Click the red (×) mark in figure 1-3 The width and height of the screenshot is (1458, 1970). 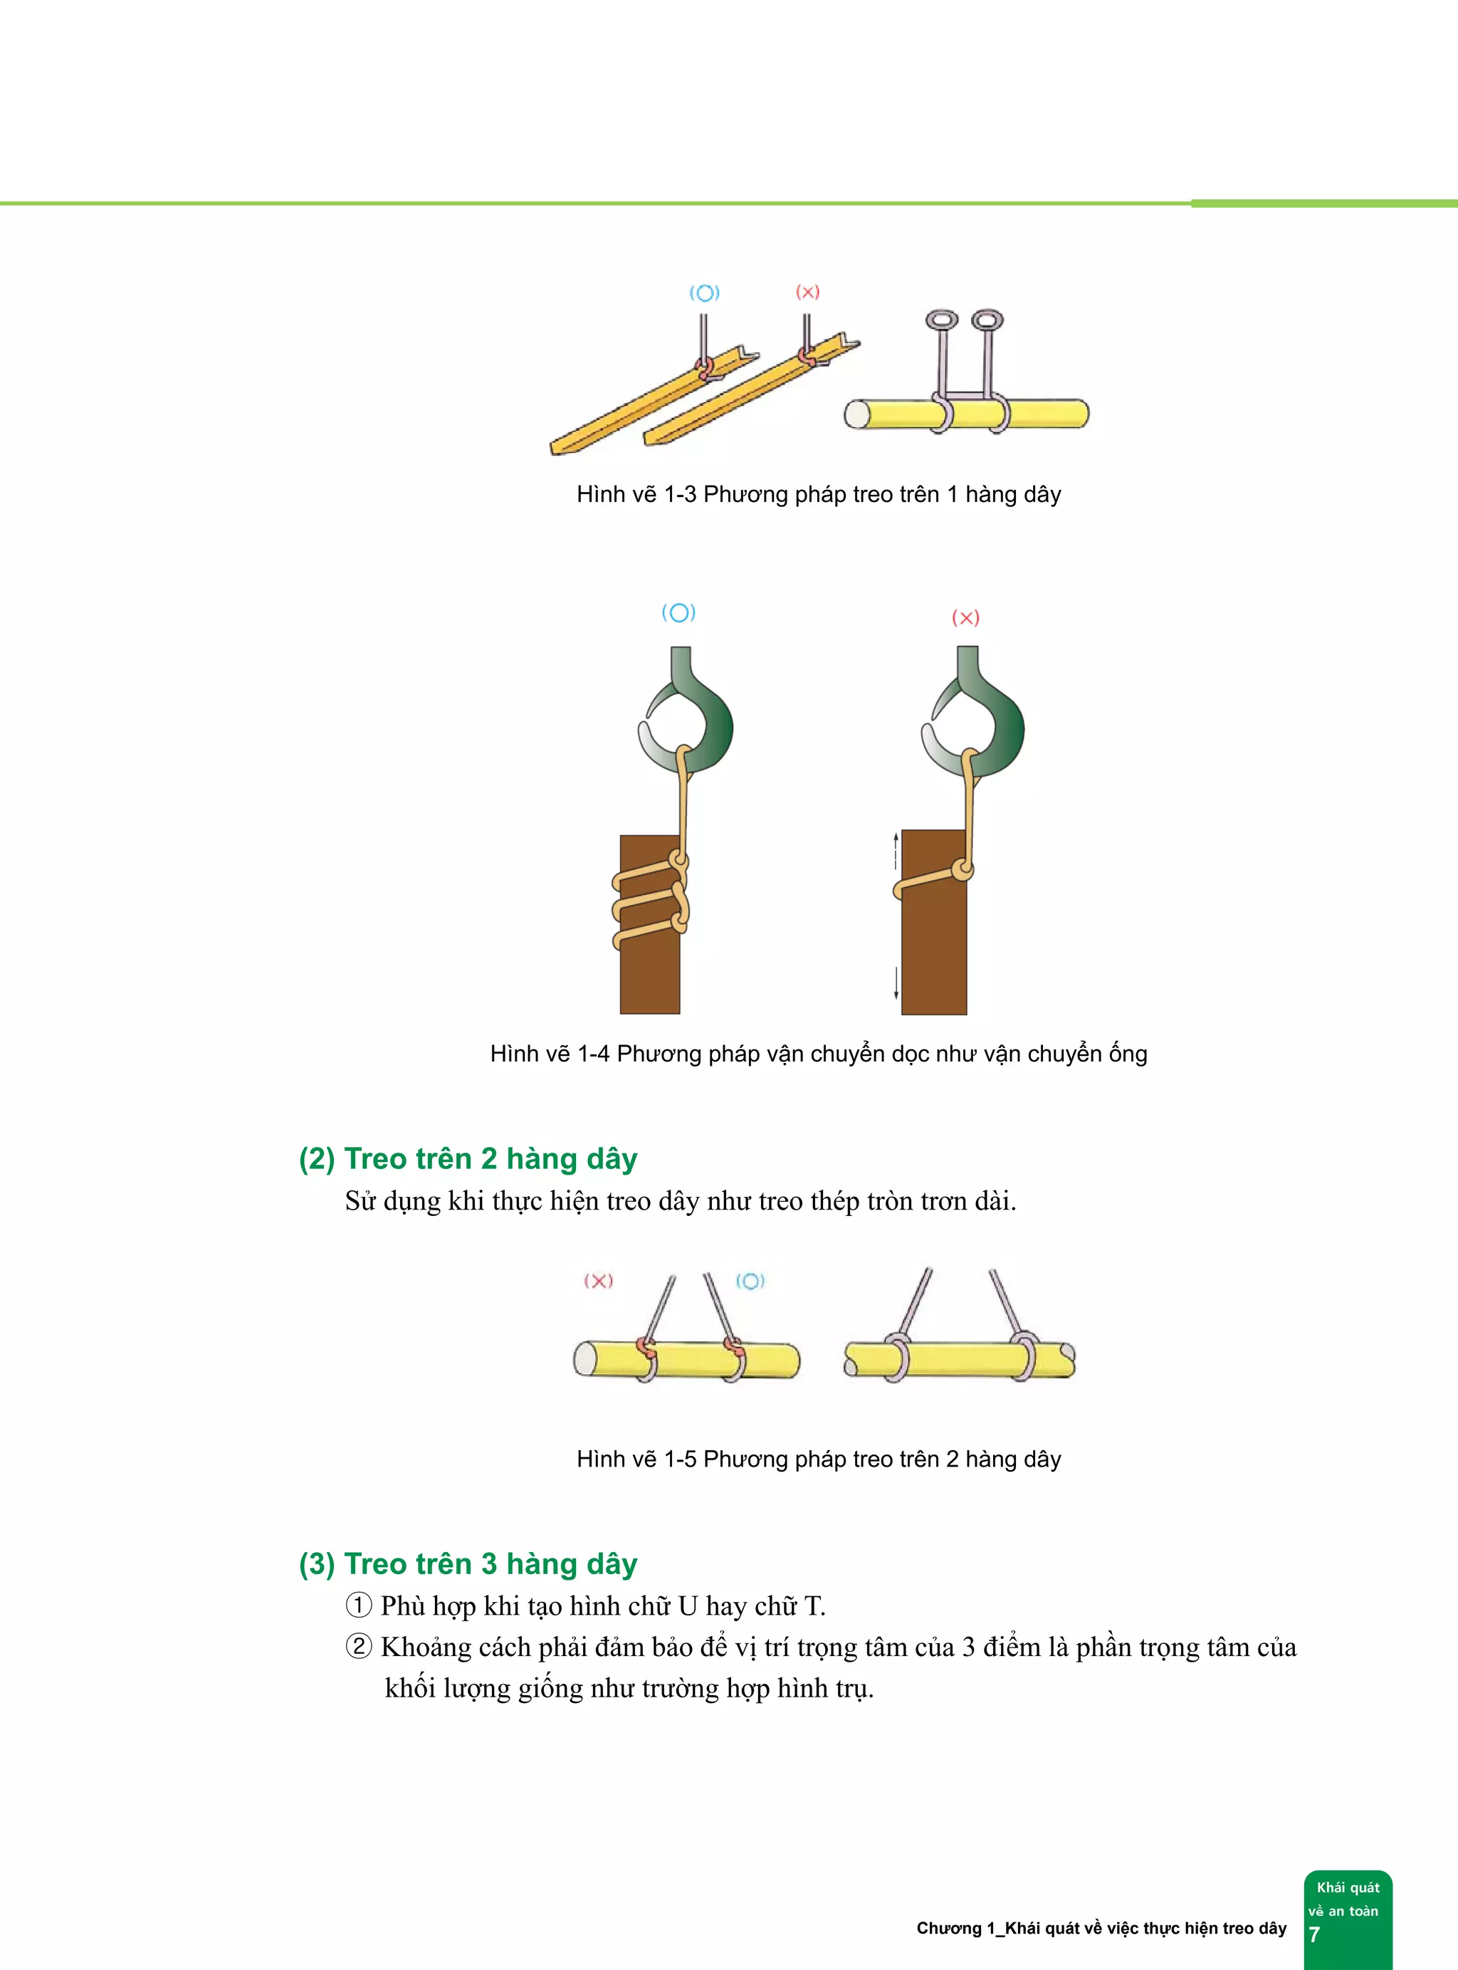coord(807,292)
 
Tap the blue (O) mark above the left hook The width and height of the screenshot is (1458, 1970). coord(678,612)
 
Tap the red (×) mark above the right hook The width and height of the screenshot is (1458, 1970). coord(965,618)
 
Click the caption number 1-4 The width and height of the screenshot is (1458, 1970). coord(592,1054)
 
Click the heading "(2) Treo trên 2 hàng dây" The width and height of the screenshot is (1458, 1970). coord(468,1159)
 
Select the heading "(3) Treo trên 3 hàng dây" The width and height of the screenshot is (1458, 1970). coord(468,1564)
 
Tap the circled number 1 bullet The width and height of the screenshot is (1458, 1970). coord(358,1605)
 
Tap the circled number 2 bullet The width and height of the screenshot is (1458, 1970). coord(358,1647)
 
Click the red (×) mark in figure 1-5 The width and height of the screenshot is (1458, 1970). coord(599,1281)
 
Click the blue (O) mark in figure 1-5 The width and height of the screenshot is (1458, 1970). coord(750,1281)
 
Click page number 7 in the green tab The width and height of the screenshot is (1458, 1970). coord(1314,1934)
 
